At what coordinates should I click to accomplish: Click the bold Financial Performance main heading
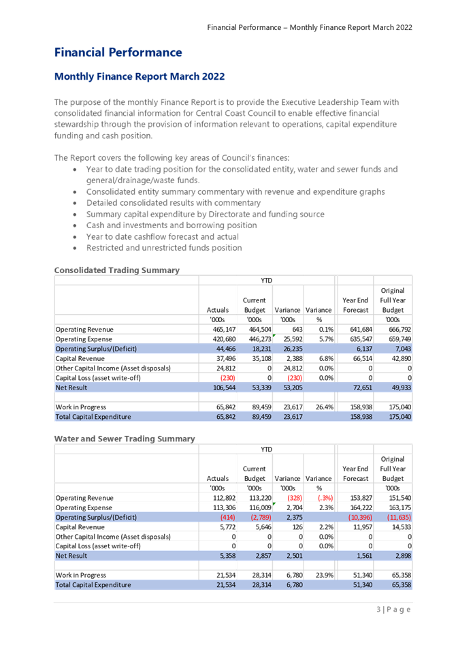[118, 52]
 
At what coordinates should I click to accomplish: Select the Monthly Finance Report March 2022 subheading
[139, 76]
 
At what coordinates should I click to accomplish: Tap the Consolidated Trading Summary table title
[117, 271]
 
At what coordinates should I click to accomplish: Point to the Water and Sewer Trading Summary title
[125, 439]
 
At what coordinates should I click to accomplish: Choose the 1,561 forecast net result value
[363, 556]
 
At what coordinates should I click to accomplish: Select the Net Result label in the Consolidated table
[71, 387]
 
